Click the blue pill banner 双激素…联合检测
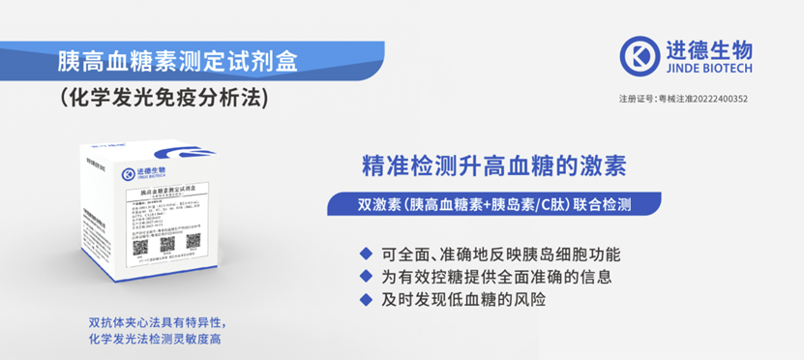click(x=494, y=205)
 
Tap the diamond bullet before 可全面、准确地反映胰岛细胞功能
click(x=365, y=254)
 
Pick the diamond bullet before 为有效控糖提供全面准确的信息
click(x=365, y=276)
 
